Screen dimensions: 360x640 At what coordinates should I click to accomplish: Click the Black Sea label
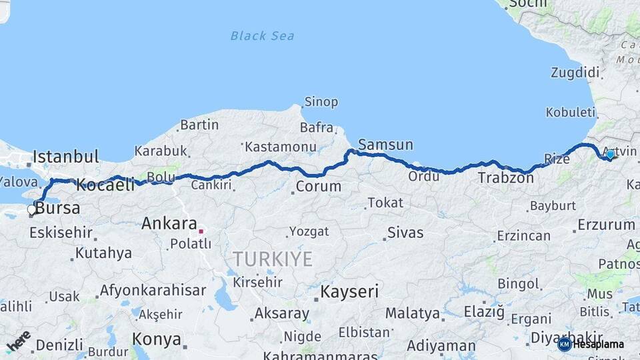coord(262,35)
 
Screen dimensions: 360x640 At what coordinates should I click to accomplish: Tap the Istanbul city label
coord(66,157)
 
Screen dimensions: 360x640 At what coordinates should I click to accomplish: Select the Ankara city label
coord(169,223)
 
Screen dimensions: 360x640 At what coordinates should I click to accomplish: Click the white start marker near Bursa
coord(31,210)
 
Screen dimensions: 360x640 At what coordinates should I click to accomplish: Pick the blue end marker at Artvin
coord(610,154)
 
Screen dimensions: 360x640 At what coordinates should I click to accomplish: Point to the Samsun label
coord(385,145)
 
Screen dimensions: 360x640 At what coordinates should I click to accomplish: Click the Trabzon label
coord(502,178)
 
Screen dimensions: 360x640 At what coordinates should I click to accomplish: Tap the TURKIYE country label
coord(272,259)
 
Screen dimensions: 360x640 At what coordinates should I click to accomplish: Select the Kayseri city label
coord(349,291)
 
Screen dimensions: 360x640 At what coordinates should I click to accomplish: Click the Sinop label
coord(321,102)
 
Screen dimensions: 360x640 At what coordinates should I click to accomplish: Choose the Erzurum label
coord(606,225)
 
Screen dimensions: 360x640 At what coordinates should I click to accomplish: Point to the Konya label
coord(157,339)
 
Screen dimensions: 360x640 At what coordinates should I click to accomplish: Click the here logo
coord(18,341)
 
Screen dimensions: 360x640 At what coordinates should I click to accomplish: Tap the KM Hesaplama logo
coord(592,344)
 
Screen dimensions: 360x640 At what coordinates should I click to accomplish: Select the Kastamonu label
coord(280,146)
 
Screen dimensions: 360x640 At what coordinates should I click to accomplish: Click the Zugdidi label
coord(575,72)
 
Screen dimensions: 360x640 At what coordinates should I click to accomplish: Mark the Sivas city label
coord(405,233)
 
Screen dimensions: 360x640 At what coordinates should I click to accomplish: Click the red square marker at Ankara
coord(200,231)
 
